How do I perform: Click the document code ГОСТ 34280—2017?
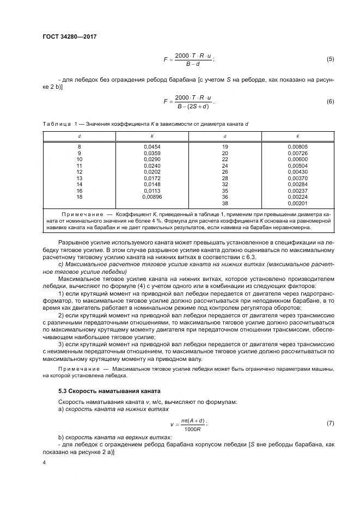tap(65, 36)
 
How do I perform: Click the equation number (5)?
tap(330, 59)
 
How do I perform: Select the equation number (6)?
tap(330, 101)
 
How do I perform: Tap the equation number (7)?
tap(330, 423)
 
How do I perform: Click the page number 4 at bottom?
tap(44, 462)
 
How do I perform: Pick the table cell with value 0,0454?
tap(152, 147)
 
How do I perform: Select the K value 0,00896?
tap(152, 197)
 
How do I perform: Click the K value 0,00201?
tap(298, 203)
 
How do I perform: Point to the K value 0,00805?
tap(298, 147)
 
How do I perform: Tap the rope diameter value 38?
tap(225, 203)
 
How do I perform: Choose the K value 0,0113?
tap(152, 191)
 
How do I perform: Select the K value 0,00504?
tap(298, 165)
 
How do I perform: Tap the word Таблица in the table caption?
tap(56, 124)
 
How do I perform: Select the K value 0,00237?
tap(298, 191)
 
